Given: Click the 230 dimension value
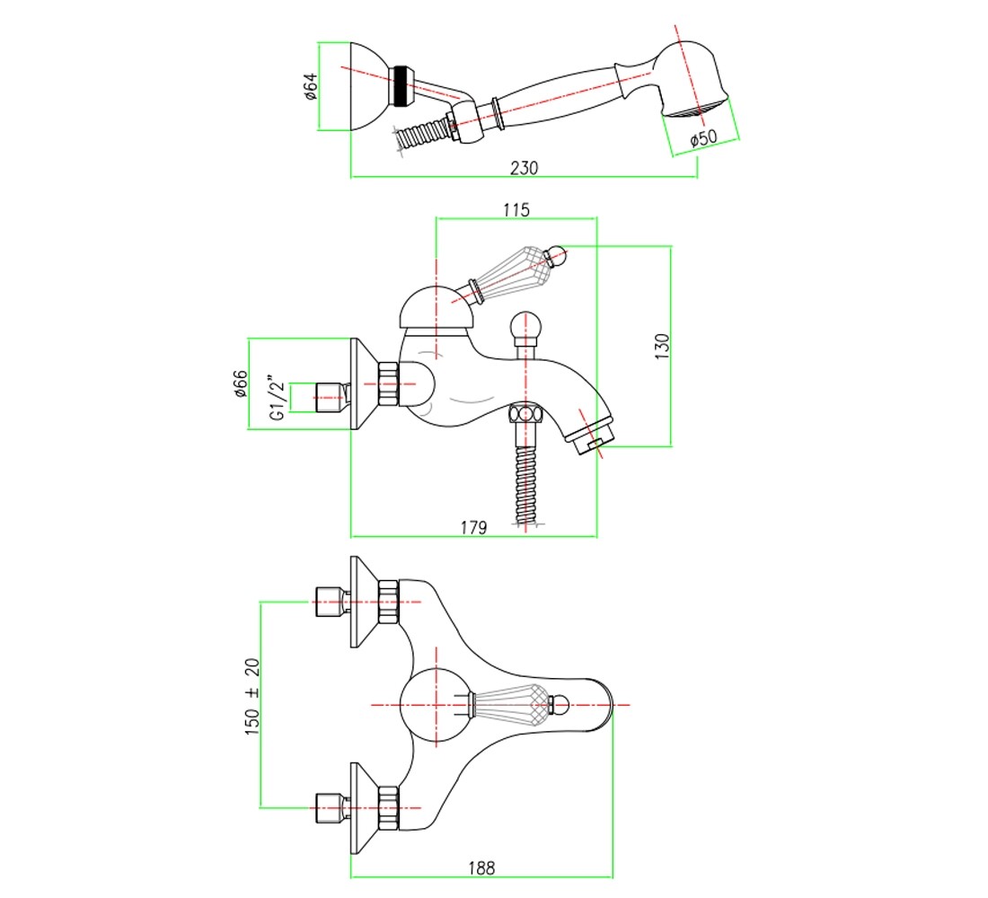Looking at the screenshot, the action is point(524,168).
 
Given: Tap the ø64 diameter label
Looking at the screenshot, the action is point(310,86).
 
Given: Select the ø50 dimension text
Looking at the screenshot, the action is point(703,138).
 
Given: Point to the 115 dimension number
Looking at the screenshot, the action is point(516,210).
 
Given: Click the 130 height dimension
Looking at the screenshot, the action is point(662,347).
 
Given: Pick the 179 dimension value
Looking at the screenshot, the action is point(473,527).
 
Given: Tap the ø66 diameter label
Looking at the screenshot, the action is point(240,383).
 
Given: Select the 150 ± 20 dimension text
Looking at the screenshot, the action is point(251,696).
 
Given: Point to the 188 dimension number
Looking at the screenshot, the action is point(481,867).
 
